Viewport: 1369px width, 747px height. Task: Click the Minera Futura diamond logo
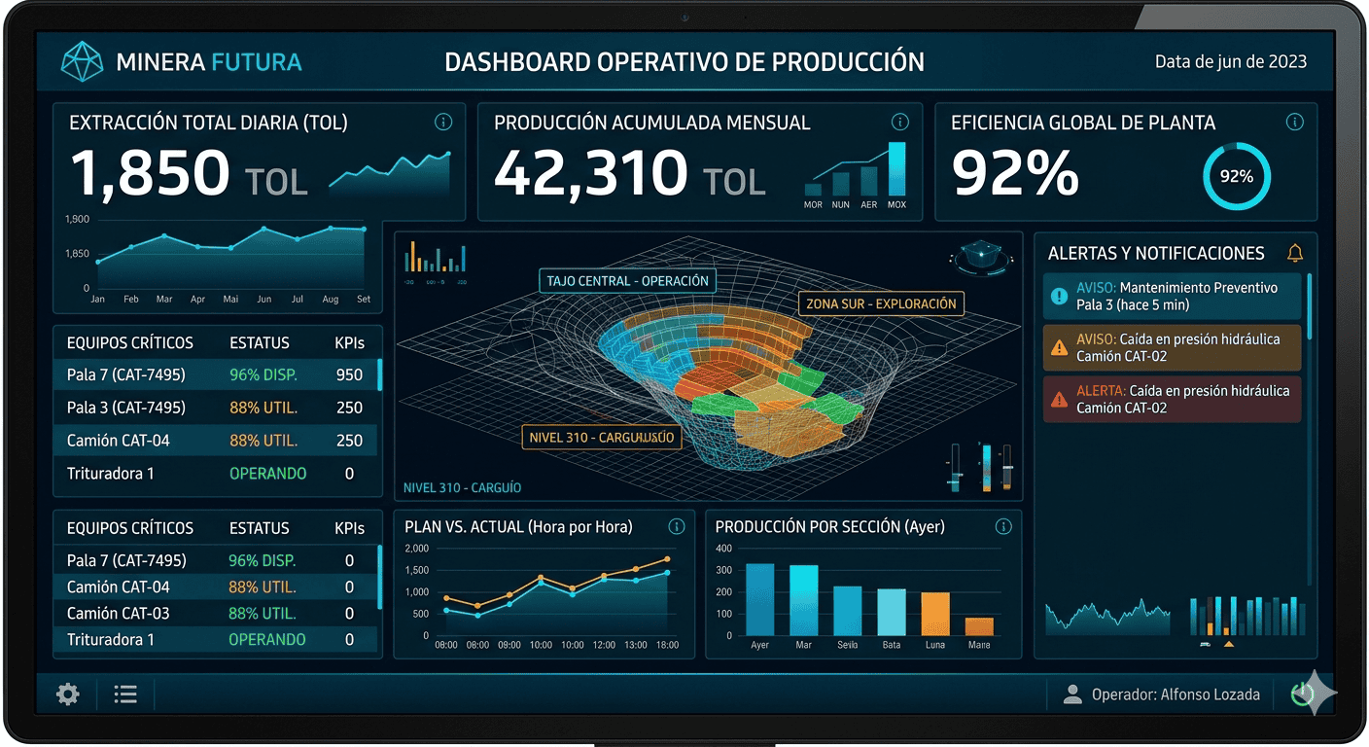[x=82, y=61]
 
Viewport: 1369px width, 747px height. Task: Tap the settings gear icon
[x=68, y=694]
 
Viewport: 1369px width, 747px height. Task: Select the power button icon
[x=1302, y=694]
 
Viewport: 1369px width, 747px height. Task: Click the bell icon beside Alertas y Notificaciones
[x=1295, y=253]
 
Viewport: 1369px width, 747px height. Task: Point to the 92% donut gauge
[x=1237, y=177]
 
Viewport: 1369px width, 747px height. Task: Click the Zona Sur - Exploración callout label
[x=881, y=303]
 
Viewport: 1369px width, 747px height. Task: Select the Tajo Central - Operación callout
[x=627, y=281]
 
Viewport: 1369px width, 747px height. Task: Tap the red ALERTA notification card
[x=1172, y=399]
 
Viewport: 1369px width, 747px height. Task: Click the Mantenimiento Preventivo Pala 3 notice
[x=1172, y=297]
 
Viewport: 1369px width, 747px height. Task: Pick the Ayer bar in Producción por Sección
[x=759, y=599]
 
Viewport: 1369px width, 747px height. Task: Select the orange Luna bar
[x=934, y=614]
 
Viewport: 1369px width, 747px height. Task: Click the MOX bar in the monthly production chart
[x=896, y=169]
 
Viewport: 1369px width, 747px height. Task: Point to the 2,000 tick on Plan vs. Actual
[x=416, y=549]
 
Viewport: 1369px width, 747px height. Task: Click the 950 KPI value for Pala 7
[x=349, y=374]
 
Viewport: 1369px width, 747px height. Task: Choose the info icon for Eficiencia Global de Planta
[x=1294, y=123]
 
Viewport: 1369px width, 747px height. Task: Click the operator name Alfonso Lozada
[x=1210, y=694]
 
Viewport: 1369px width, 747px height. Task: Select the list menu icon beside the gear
[x=125, y=694]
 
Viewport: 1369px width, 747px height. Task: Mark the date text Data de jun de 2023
[x=1230, y=61]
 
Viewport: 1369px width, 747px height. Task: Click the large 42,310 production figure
[x=590, y=173]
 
